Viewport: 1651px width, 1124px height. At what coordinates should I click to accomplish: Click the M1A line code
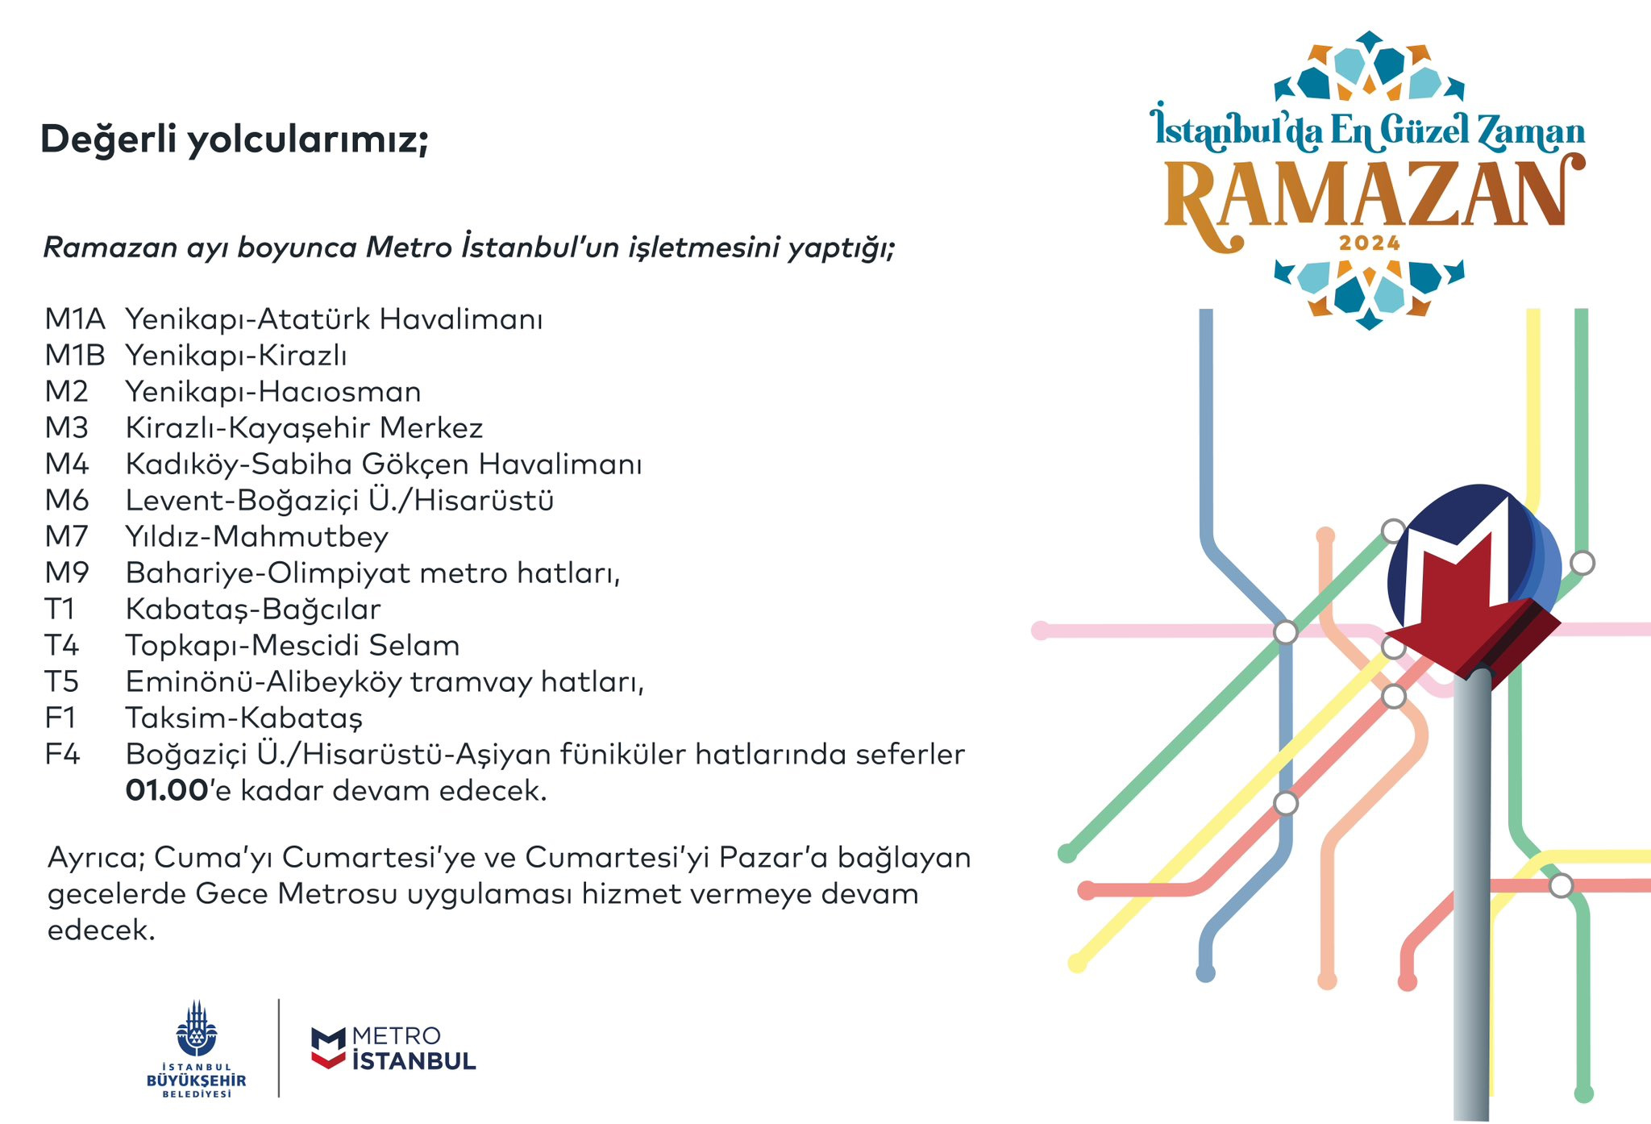pos(75,319)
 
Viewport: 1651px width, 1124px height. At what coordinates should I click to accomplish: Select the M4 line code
pos(67,464)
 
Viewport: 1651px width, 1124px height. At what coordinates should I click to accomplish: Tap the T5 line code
pos(62,682)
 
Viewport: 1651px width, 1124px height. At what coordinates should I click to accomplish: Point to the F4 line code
pos(63,755)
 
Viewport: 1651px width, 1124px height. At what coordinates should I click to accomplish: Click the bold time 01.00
pos(168,791)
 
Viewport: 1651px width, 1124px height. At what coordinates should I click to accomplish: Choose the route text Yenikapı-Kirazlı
pos(236,356)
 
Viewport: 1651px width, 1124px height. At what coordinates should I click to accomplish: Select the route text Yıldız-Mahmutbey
pos(257,538)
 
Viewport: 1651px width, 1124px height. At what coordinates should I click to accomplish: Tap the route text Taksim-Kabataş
pos(244,719)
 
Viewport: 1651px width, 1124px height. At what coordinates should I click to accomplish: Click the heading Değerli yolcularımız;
pos(235,140)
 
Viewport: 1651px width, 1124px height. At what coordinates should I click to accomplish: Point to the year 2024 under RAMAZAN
pos(1370,243)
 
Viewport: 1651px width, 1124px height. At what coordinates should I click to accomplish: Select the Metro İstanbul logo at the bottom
pos(393,1048)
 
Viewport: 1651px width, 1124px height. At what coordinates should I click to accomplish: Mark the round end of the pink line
pos(1041,631)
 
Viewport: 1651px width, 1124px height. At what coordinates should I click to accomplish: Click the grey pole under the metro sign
pos(1473,895)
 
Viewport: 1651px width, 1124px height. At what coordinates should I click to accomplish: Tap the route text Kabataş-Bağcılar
pos(253,610)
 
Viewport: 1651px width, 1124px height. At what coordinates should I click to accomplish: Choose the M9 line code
pos(67,573)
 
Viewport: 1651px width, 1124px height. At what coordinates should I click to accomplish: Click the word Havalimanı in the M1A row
pos(461,319)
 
